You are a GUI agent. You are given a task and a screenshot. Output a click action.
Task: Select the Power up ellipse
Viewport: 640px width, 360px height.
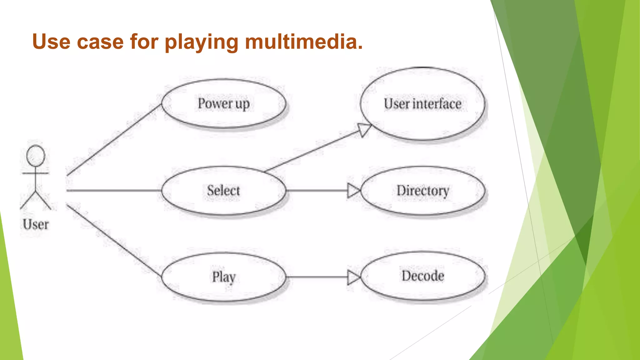223,104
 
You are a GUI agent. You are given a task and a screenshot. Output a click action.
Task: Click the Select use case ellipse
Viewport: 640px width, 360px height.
223,190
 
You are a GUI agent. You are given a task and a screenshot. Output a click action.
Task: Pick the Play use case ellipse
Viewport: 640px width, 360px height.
223,277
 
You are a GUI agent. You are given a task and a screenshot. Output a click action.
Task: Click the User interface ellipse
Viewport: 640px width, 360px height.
422,104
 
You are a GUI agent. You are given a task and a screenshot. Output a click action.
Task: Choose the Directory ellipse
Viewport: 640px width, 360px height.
422,190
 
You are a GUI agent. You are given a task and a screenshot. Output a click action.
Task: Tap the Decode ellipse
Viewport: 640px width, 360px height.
422,276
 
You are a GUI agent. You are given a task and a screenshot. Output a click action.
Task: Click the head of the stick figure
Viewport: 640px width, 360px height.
36,156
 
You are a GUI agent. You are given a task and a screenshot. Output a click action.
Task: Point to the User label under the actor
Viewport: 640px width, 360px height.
36,224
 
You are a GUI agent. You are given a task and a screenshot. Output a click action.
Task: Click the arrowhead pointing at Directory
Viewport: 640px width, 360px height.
354,190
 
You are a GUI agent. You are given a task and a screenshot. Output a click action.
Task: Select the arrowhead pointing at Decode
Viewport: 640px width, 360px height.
354,277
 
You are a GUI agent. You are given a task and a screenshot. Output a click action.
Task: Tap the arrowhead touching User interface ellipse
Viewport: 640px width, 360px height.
364,129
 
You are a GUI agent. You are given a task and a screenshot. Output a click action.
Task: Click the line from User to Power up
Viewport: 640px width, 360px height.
114,140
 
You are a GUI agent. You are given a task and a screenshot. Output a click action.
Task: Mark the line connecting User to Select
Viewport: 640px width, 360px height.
114,190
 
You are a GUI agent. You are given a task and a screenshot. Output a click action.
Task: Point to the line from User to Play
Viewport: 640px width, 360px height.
114,241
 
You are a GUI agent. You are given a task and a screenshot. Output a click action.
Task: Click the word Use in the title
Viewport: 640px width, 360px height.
51,42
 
